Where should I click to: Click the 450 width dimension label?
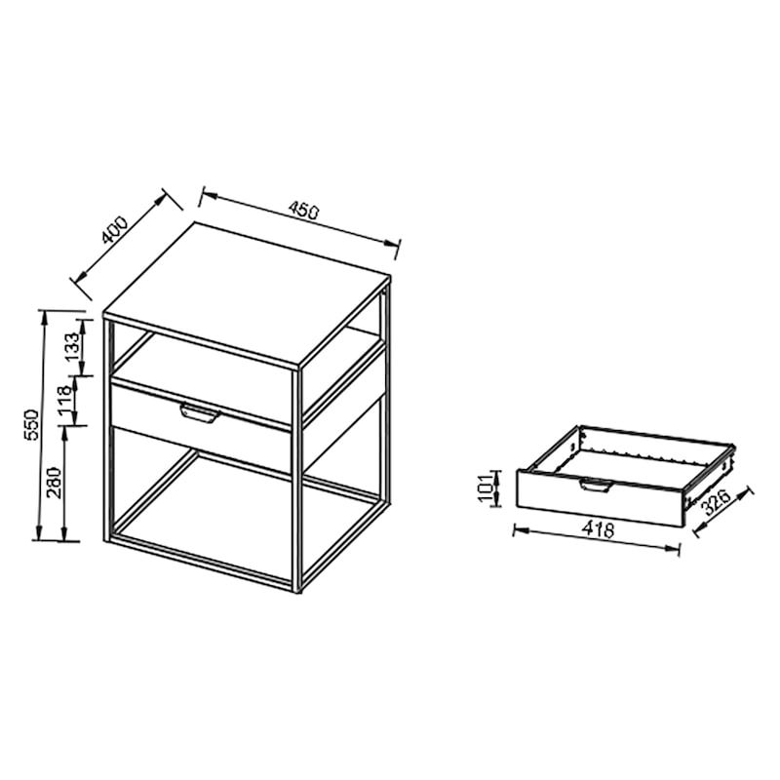pos(303,211)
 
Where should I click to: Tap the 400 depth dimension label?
pos(115,229)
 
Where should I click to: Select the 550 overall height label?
pos(30,424)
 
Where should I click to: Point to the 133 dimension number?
pos(71,347)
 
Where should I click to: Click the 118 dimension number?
pos(66,401)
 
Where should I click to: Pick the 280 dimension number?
pos(54,483)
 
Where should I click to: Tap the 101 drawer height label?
pos(485,488)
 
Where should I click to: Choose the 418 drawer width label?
pos(598,529)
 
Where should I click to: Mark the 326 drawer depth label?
pos(717,502)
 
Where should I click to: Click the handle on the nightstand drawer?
pos(200,413)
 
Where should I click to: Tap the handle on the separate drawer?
pos(595,485)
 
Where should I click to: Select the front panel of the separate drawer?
pos(601,498)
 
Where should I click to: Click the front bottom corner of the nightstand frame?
pos(297,592)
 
